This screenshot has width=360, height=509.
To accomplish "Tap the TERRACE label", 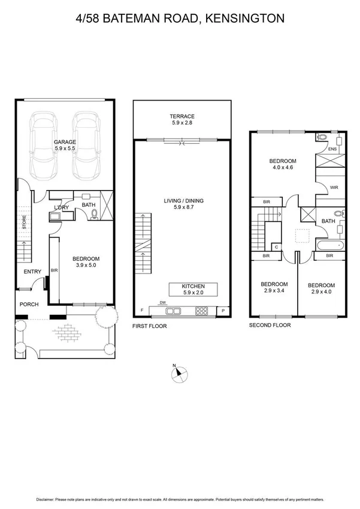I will point(182,116).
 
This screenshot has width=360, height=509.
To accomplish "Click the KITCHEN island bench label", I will point(193,287).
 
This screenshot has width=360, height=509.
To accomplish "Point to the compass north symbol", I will point(177,374).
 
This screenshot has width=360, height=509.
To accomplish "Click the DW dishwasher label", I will point(162,303).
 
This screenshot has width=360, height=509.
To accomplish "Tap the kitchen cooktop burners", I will point(202,311).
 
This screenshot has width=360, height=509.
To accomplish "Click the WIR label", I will point(334,187).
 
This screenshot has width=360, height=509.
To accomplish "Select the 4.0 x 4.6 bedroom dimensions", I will point(282,168).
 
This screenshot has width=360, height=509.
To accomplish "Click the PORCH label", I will point(29,305).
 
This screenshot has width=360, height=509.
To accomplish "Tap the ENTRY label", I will point(32,272).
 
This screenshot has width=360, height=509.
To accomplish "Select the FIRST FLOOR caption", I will point(149,326).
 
